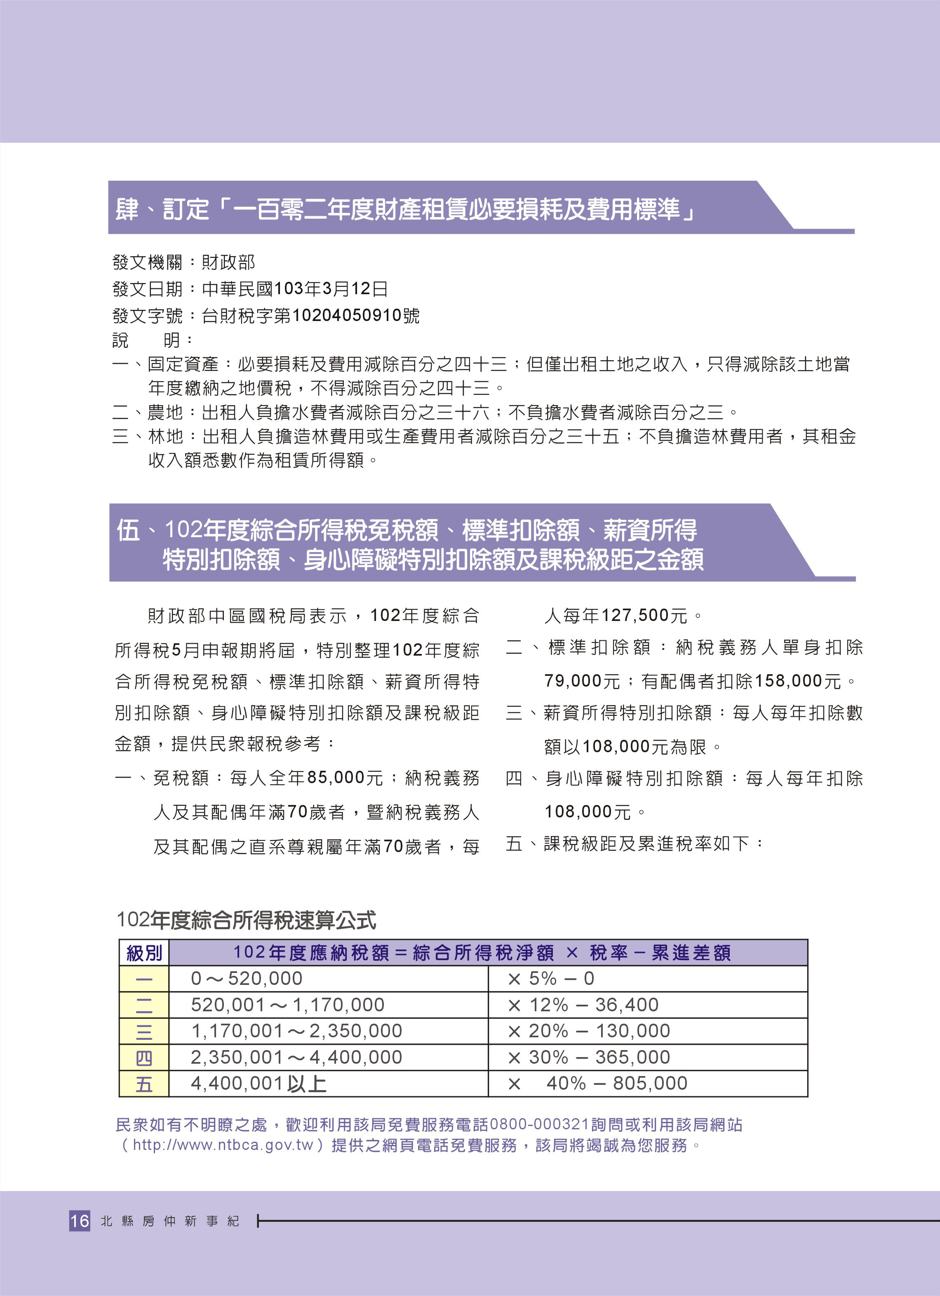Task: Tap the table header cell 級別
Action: pyautogui.click(x=144, y=953)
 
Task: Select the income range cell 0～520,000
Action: pyautogui.click(x=246, y=978)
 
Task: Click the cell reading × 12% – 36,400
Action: pyautogui.click(x=583, y=1005)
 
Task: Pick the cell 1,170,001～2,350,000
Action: pyautogui.click(x=296, y=1031)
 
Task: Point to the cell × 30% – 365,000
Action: pyautogui.click(x=588, y=1057)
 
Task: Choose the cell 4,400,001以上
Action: pyautogui.click(x=258, y=1084)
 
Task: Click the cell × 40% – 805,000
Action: pyautogui.click(x=597, y=1084)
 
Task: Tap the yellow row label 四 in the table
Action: pyautogui.click(x=144, y=1058)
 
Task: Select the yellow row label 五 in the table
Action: pyautogui.click(x=144, y=1084)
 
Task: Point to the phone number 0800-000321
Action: pyautogui.click(x=539, y=1125)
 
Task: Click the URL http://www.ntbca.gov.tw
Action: pyautogui.click(x=223, y=1145)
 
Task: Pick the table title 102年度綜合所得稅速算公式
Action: pyautogui.click(x=246, y=920)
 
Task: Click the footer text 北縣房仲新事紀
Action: pyautogui.click(x=169, y=1221)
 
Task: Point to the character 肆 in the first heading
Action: pyautogui.click(x=127, y=209)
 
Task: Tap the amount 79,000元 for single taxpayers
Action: pyautogui.click(x=582, y=681)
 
